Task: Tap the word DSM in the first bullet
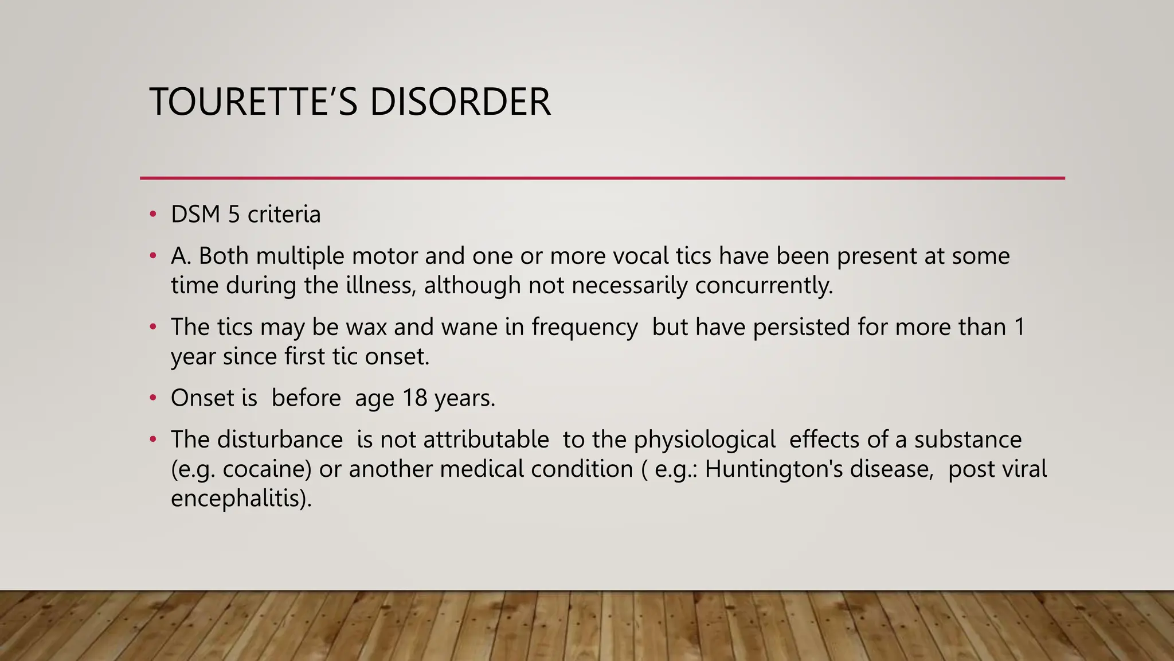click(x=195, y=215)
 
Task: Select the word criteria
click(x=284, y=215)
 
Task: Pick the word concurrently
click(x=763, y=286)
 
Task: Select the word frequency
click(x=584, y=327)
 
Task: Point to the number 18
click(x=414, y=398)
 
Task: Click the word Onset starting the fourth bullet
click(x=202, y=398)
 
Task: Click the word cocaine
click(x=267, y=469)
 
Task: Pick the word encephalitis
click(x=241, y=498)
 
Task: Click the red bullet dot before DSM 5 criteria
click(x=152, y=215)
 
